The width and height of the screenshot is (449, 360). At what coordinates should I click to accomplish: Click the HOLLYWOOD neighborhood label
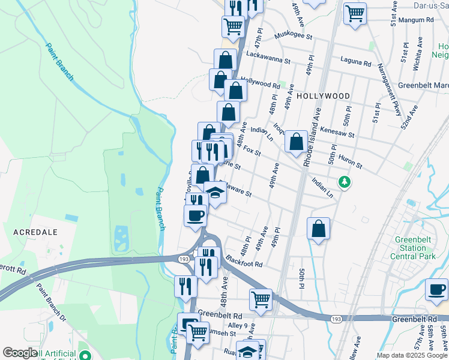(x=323, y=96)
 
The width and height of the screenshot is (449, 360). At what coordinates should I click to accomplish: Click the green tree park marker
(x=344, y=181)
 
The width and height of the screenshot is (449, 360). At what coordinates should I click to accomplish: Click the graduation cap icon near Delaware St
(x=215, y=193)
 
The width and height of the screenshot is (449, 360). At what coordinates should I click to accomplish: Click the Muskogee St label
(x=294, y=37)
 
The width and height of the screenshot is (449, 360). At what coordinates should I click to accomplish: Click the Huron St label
(x=351, y=163)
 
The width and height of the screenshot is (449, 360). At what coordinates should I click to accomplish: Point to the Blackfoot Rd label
(x=244, y=262)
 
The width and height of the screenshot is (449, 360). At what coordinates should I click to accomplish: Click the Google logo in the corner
(x=20, y=353)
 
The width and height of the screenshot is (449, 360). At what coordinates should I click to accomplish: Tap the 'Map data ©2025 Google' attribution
(x=412, y=355)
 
